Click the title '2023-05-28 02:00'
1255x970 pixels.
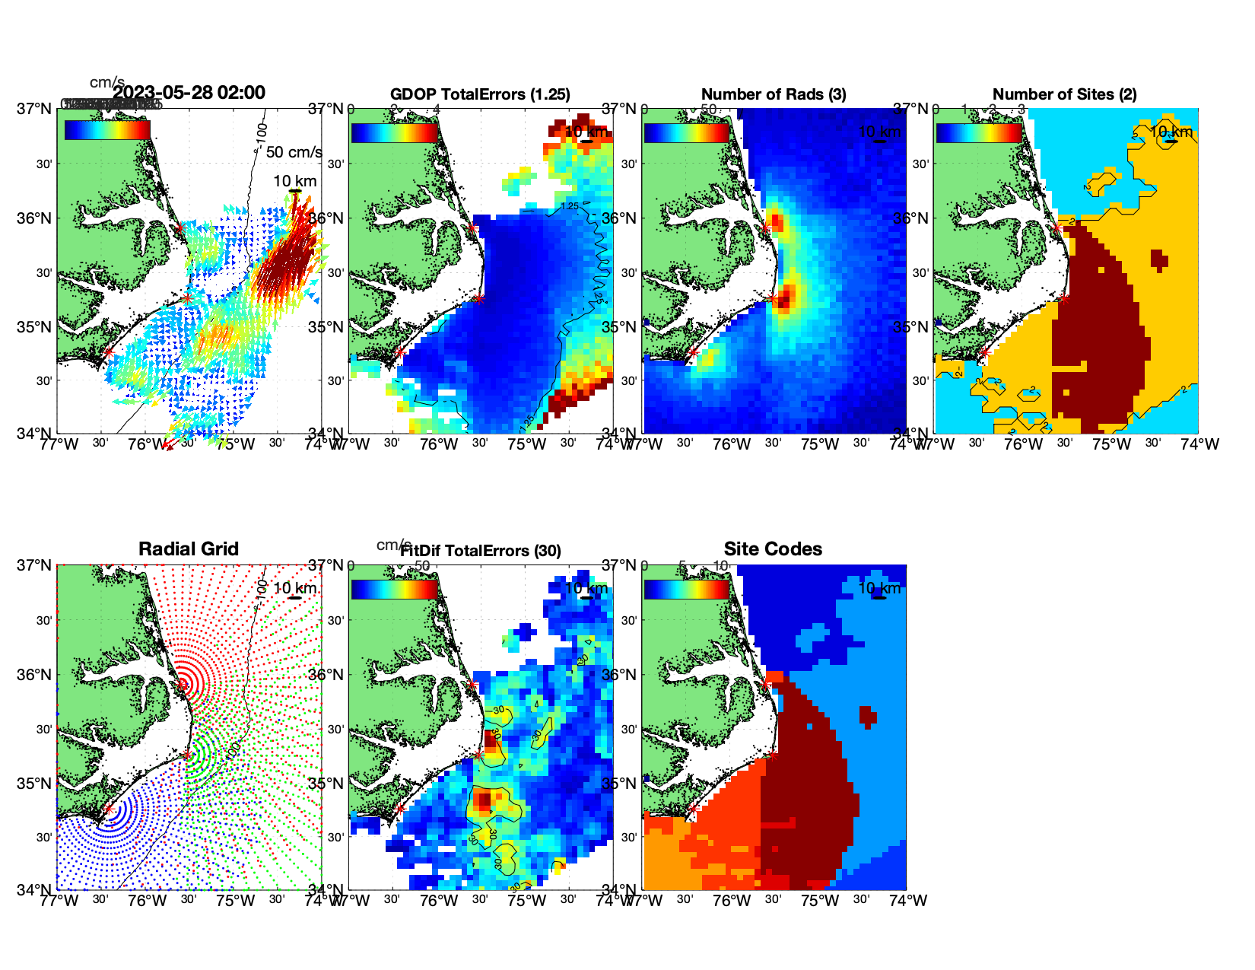189,93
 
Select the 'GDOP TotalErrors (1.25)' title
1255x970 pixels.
480,94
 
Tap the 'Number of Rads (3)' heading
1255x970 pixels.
774,94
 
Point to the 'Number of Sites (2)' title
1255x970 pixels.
1065,94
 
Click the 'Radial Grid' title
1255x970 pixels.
189,549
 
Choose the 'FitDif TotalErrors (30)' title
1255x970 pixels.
481,551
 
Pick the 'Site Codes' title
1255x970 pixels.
773,549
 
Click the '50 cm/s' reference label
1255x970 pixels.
294,152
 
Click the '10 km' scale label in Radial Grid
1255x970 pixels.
294,588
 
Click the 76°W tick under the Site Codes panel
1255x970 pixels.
732,901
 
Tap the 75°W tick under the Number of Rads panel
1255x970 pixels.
820,444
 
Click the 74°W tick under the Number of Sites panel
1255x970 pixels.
1200,444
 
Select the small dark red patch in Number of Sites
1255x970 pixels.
1159,259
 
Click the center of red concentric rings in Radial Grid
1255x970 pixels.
183,683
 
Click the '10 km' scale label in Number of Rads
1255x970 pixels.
879,132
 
